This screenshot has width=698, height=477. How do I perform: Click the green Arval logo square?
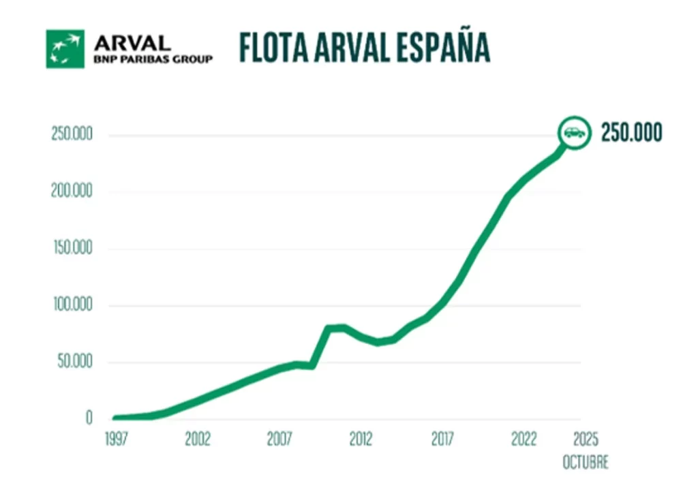point(65,48)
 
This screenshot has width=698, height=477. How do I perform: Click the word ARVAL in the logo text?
point(132,42)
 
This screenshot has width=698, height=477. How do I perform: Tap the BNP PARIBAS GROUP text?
point(153,59)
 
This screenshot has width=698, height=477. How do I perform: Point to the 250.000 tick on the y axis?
point(72,134)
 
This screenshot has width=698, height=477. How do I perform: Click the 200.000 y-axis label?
point(72,191)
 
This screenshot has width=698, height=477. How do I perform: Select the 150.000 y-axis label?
point(72,248)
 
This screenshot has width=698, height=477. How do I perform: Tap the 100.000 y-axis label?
point(72,305)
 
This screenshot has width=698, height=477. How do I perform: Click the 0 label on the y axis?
point(89,418)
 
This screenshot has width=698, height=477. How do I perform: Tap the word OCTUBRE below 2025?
point(585,463)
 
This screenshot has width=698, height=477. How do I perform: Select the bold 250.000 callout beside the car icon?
point(631,133)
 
